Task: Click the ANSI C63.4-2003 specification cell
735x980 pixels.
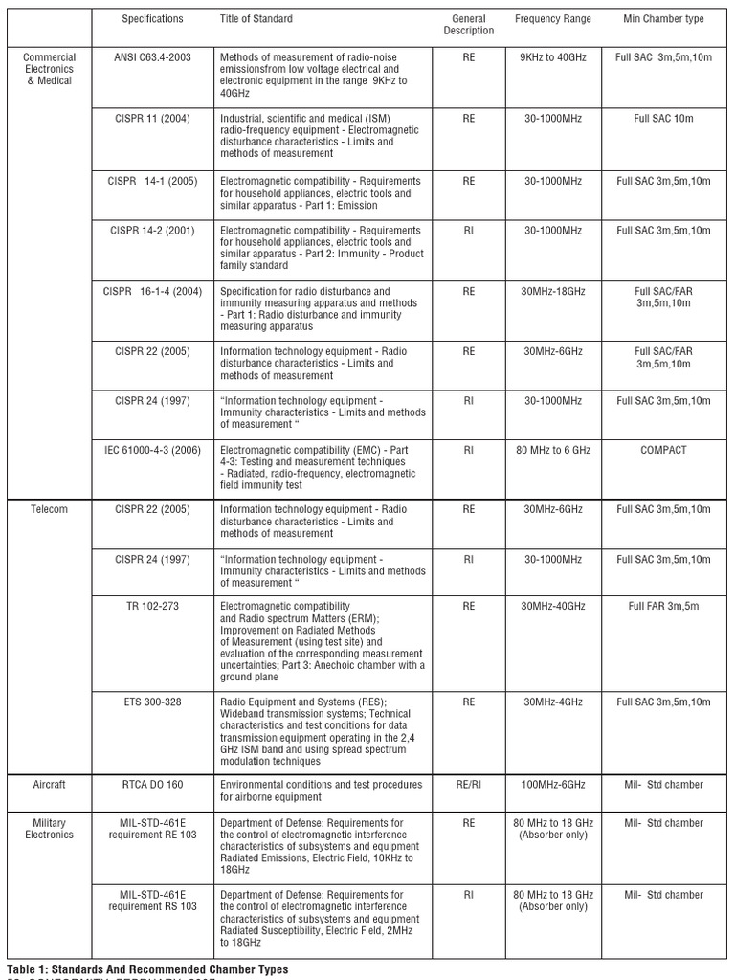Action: (152, 57)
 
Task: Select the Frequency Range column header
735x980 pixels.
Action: (552, 19)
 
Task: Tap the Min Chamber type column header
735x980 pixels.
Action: (663, 19)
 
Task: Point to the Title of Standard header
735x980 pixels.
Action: (256, 19)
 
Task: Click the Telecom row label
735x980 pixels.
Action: (49, 509)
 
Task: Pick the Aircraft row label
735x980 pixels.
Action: (49, 785)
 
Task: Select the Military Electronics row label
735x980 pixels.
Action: (49, 829)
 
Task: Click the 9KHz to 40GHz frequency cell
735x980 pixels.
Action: (552, 57)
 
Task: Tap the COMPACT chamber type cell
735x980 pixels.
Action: (663, 450)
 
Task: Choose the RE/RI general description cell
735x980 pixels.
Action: (468, 785)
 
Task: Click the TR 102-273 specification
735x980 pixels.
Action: (152, 606)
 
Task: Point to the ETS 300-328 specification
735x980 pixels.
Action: (152, 702)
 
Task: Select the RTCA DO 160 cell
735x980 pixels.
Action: (152, 785)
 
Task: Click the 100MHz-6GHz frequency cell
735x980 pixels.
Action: (552, 785)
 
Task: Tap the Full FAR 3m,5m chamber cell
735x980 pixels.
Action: (663, 606)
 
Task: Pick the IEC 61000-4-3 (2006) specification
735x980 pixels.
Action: (152, 450)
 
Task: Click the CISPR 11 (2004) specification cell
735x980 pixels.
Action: (152, 118)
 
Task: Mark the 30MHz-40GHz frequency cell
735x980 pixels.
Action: (552, 606)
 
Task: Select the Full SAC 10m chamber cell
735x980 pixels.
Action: (663, 118)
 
